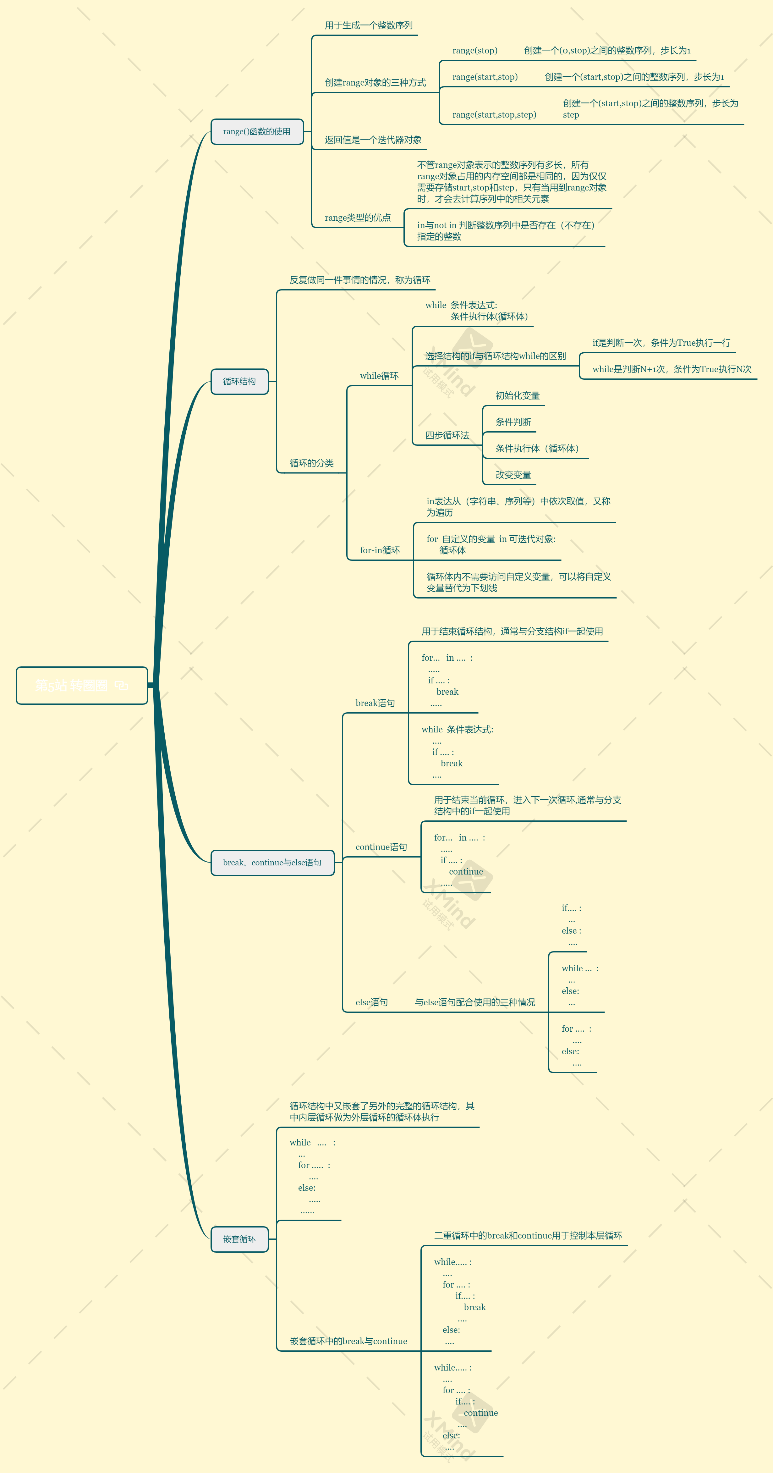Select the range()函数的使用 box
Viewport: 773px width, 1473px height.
(x=257, y=131)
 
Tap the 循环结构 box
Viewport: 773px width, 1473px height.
(x=239, y=381)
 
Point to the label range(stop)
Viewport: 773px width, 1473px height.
(x=474, y=50)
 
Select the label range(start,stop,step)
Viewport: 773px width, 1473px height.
(x=494, y=114)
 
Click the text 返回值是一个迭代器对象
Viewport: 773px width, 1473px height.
(x=373, y=140)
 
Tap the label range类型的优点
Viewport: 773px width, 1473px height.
(x=357, y=217)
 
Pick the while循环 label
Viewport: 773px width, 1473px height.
(x=379, y=376)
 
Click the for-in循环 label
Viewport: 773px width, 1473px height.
(x=380, y=550)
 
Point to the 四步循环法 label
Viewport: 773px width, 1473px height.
(x=447, y=435)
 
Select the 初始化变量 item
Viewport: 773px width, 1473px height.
(x=518, y=396)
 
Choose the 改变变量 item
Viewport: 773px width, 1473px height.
(x=513, y=475)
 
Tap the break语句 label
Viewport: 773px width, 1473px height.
(x=375, y=703)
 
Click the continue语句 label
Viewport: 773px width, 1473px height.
(x=381, y=847)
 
